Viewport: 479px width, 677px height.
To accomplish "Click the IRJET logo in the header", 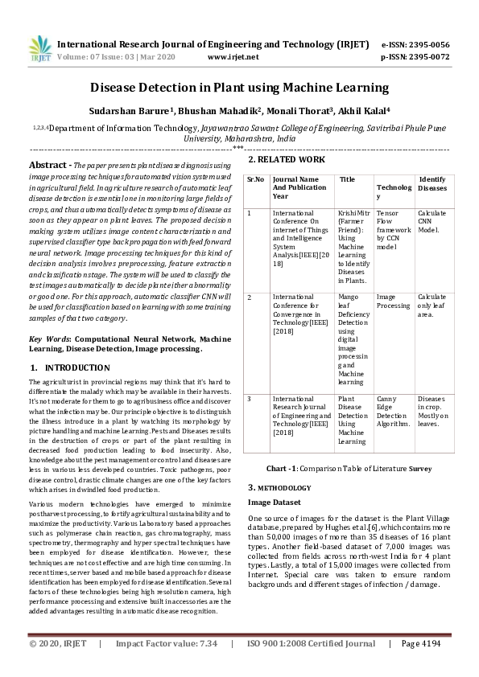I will [x=35, y=50].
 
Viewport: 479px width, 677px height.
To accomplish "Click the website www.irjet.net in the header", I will [x=233, y=58].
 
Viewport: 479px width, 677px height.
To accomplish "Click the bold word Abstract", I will [x=46, y=164].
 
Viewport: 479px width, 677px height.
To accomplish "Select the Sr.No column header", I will [x=255, y=179].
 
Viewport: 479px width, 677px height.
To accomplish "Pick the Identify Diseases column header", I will [x=432, y=183].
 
